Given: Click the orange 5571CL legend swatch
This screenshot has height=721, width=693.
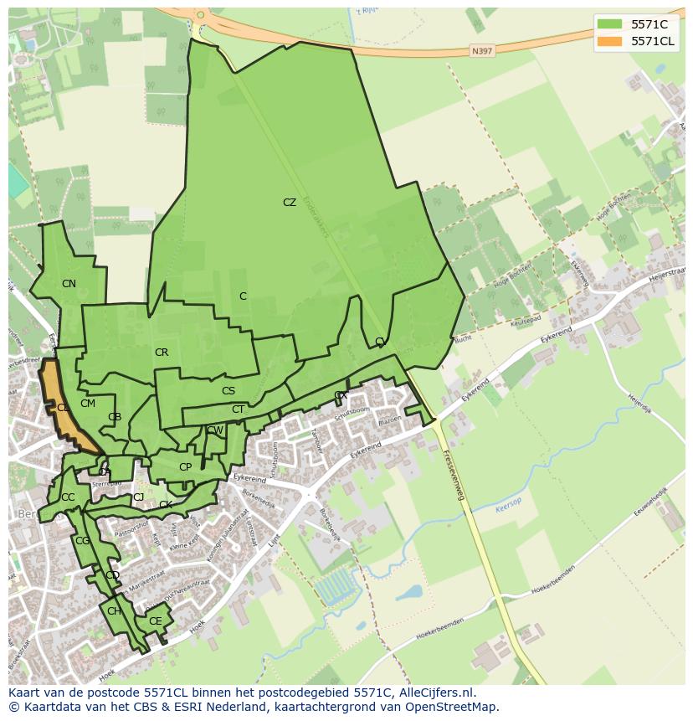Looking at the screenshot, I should (608, 41).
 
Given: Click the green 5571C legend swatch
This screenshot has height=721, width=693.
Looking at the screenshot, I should (608, 24).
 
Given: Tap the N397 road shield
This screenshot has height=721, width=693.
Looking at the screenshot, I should (481, 50).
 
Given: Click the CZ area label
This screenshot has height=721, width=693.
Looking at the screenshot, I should (290, 203).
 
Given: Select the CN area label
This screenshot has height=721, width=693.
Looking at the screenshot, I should (69, 284).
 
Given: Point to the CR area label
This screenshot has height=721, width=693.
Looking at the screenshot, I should (162, 353).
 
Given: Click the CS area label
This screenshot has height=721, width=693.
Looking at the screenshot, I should (228, 391).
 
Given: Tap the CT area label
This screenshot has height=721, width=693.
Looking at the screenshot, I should (238, 409).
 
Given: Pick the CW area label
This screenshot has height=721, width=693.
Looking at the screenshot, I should (215, 430).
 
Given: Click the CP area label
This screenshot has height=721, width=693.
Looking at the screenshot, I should (185, 467).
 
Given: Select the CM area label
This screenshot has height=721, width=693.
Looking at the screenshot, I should (88, 404).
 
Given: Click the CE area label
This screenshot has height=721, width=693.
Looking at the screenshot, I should (155, 621).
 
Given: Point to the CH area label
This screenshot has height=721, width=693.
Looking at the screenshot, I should (114, 611).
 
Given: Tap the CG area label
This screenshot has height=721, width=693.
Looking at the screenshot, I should (82, 541).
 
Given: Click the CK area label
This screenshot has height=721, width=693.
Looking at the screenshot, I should (166, 505).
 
